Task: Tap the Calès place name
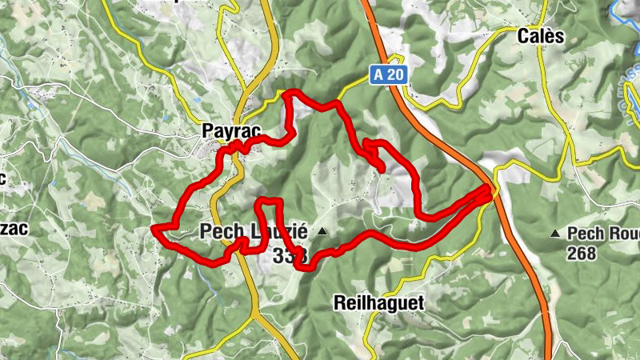point(541,36)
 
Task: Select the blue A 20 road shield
point(390,75)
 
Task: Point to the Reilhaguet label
point(378,302)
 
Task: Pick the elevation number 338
point(289,256)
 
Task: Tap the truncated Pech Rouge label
point(604,234)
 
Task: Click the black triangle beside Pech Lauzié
point(322,232)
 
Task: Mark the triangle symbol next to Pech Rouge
point(556,234)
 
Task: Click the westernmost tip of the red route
point(154,229)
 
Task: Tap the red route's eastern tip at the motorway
point(488,189)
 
